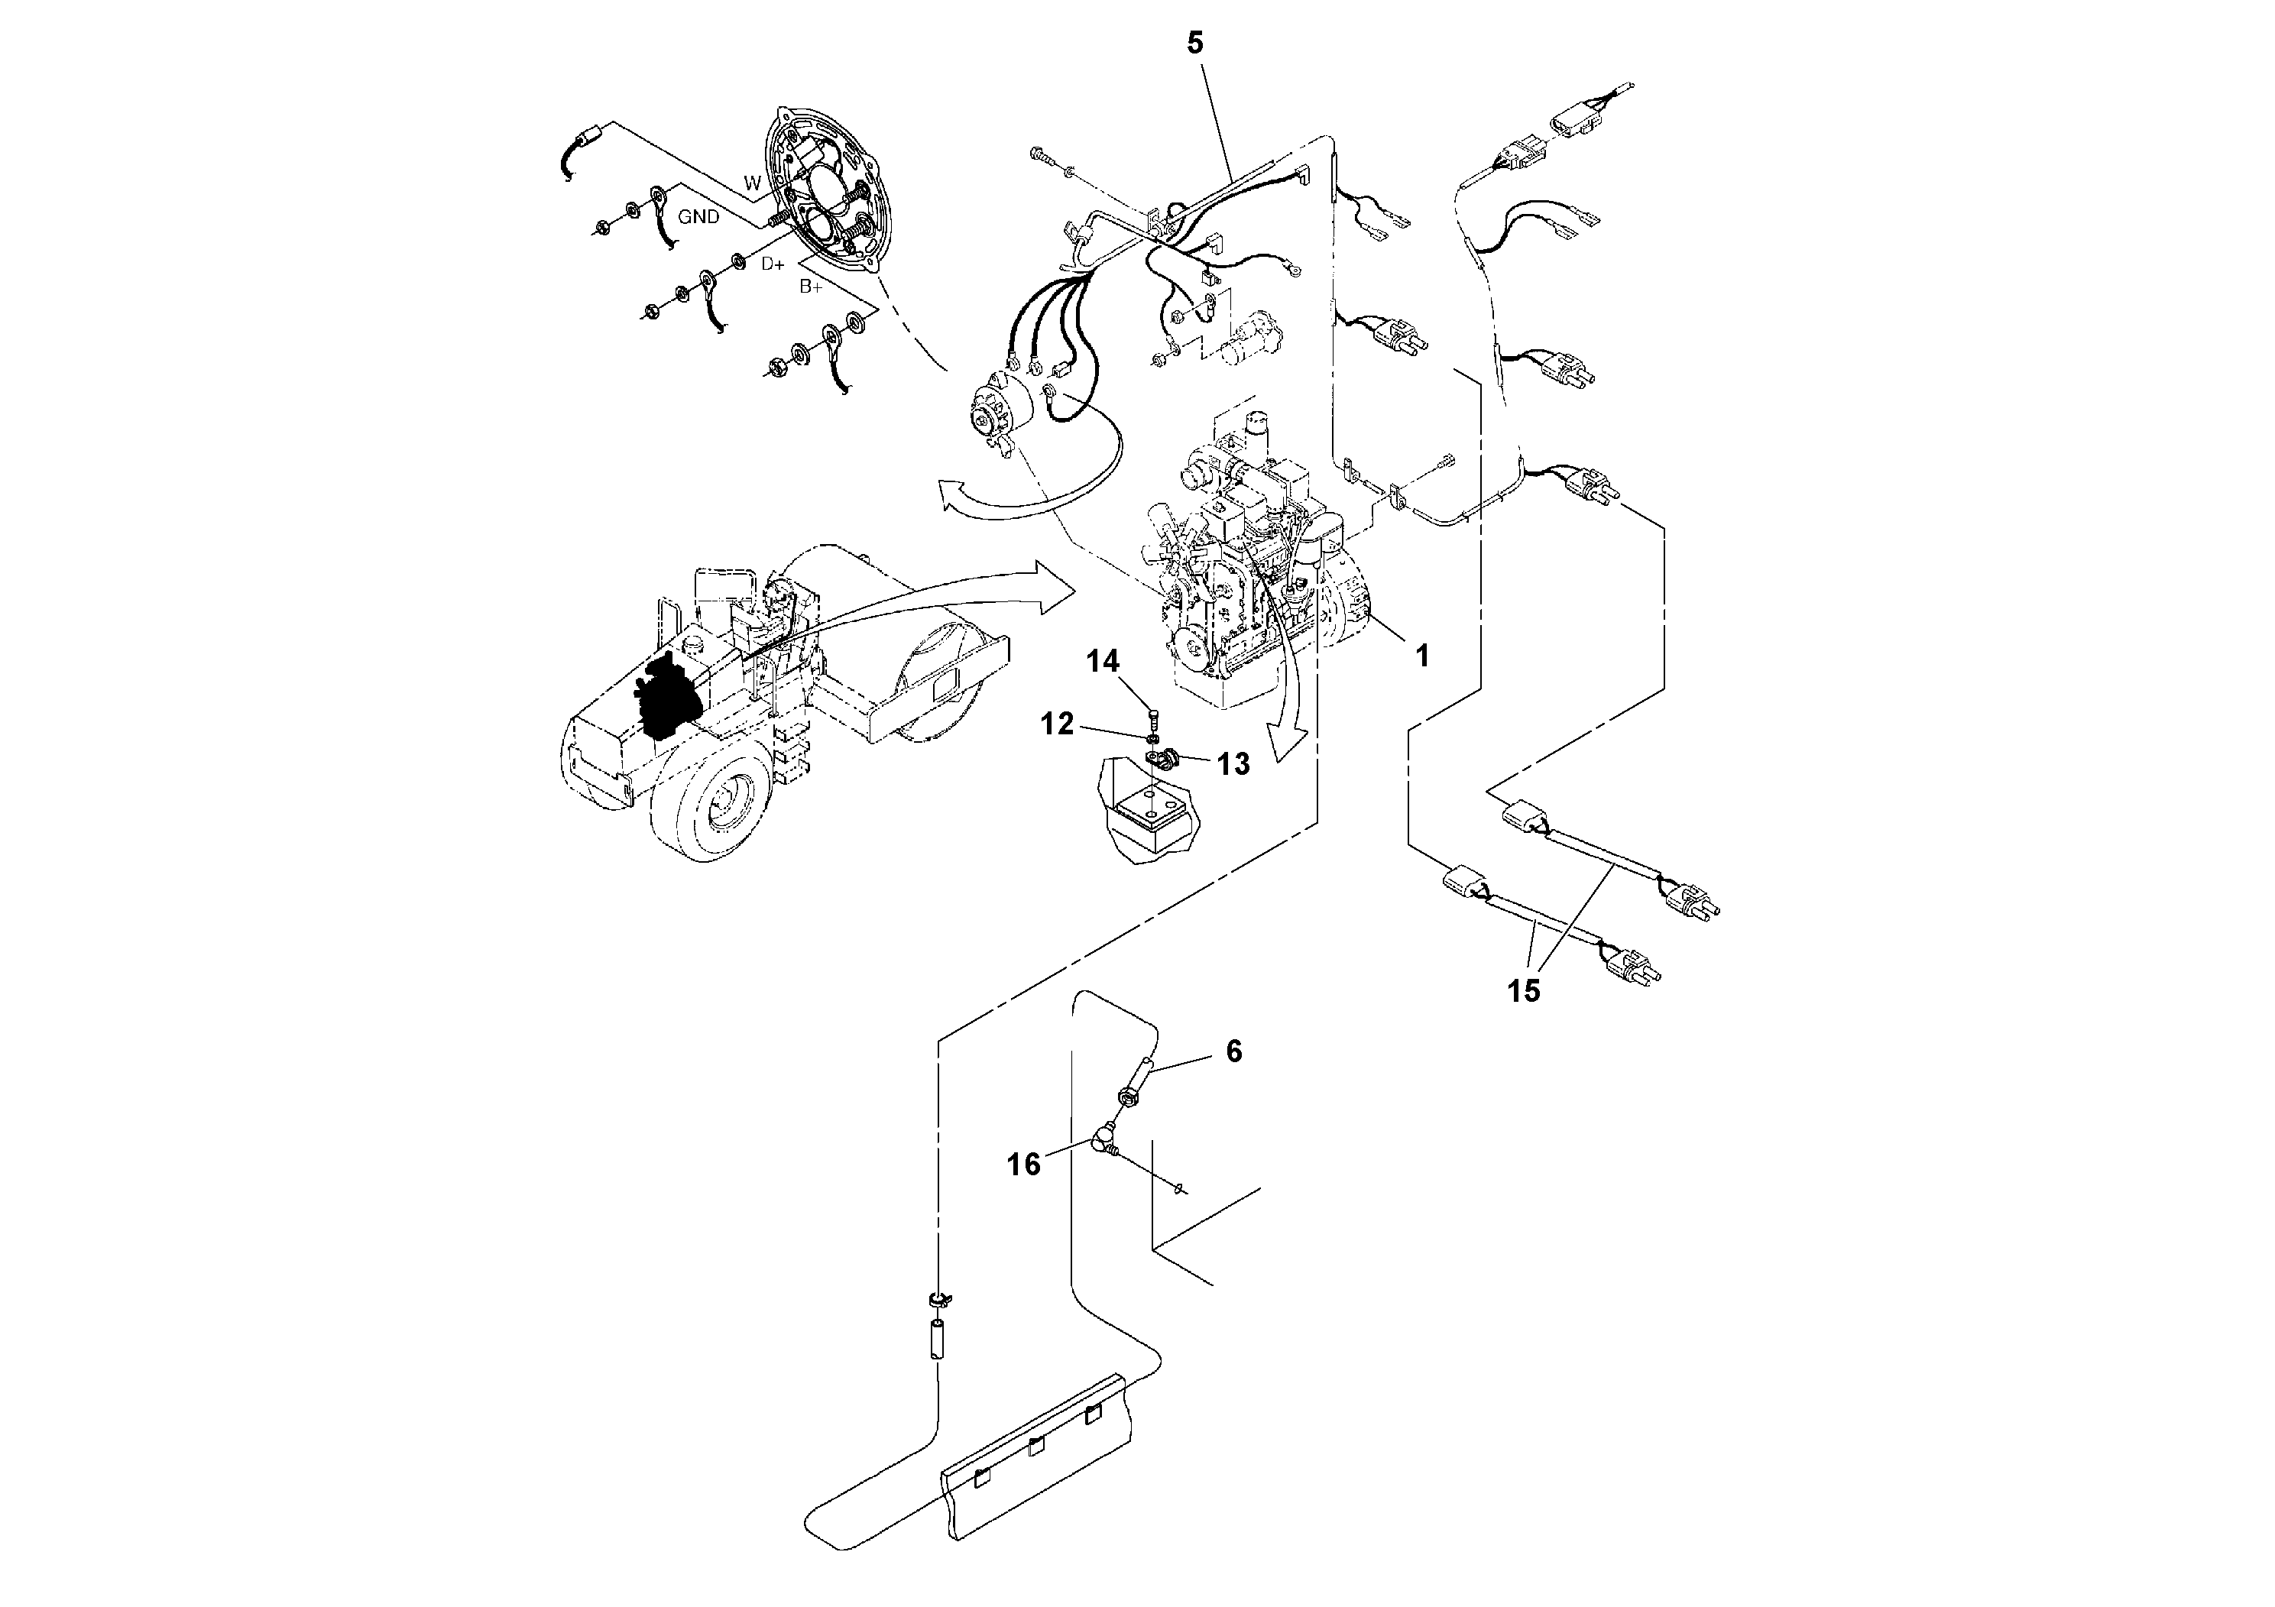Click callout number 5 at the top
pyautogui.click(x=1195, y=44)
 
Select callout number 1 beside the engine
pyautogui.click(x=1422, y=655)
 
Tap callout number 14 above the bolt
pyautogui.click(x=1102, y=661)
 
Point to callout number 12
pyautogui.click(x=1057, y=724)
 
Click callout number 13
pyautogui.click(x=1233, y=764)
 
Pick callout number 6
pyautogui.click(x=1233, y=1051)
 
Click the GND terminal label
pyautogui.click(x=698, y=217)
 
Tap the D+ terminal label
pyautogui.click(x=773, y=264)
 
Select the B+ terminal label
pyautogui.click(x=811, y=287)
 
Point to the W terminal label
pyautogui.click(x=753, y=183)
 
